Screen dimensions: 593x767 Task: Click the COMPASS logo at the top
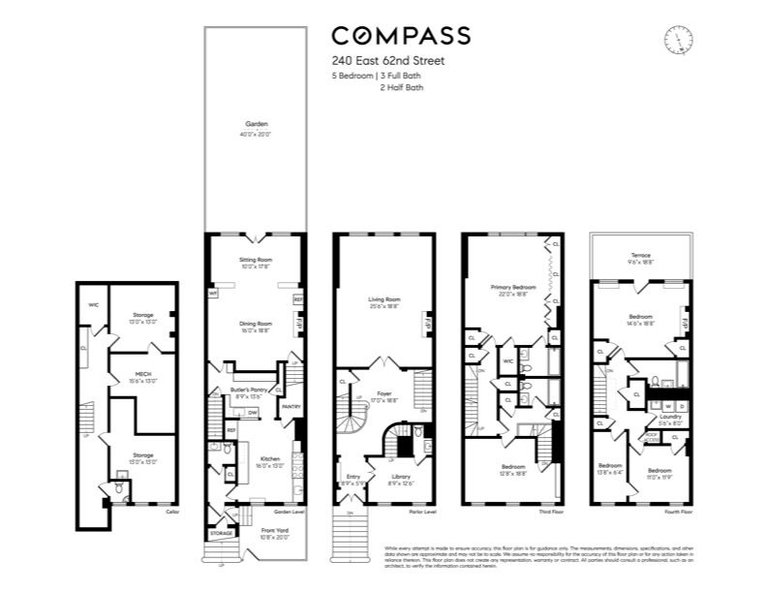[401, 36]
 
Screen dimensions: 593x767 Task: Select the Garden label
[257, 124]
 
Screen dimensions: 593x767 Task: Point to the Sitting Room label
[257, 261]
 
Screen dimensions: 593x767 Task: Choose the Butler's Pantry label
[248, 389]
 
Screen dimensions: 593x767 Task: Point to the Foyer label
[385, 394]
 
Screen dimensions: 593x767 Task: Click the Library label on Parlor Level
[403, 476]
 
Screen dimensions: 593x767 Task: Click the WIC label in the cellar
[94, 304]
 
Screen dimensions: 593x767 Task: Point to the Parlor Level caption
[422, 512]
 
